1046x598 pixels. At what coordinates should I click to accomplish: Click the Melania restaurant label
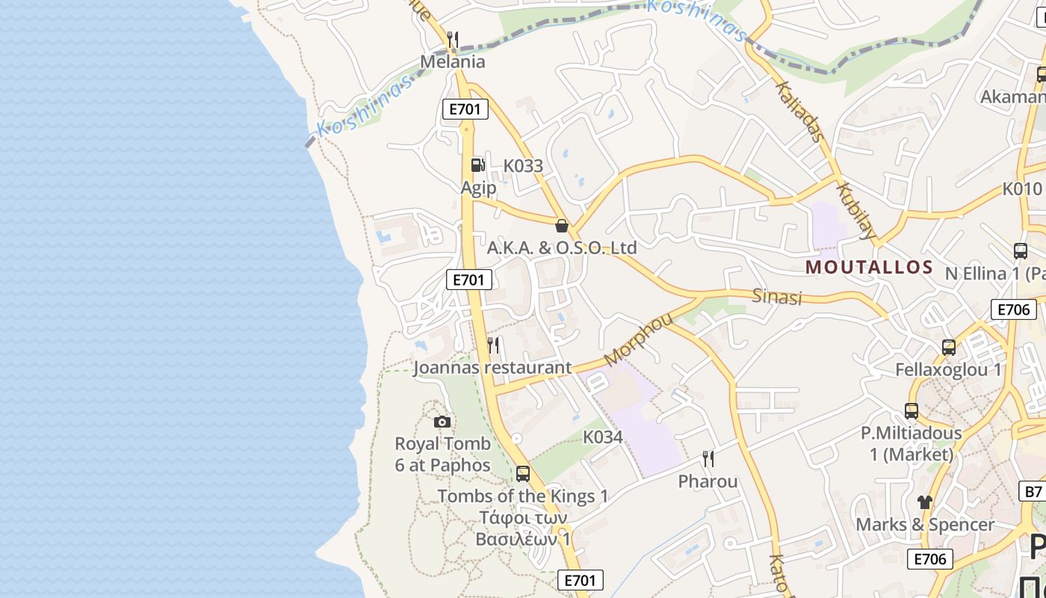[453, 61]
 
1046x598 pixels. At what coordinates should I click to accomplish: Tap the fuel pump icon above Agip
[477, 165]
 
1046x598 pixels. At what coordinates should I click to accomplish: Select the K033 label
[523, 166]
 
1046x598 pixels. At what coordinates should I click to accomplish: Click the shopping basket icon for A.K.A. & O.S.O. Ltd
[562, 226]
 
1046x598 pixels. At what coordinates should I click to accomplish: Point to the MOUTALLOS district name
[870, 268]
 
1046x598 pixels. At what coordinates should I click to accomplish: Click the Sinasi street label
[777, 297]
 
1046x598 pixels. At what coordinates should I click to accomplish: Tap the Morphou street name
[638, 339]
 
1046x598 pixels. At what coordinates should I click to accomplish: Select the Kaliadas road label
[801, 111]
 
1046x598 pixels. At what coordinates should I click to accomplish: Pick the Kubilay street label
[856, 211]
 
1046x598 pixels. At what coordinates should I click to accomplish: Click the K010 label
[1022, 188]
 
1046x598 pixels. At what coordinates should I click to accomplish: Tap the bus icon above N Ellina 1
[1021, 251]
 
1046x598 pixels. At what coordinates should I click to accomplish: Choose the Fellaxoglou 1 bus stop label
[948, 369]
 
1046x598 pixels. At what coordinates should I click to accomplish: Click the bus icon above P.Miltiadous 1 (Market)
[912, 411]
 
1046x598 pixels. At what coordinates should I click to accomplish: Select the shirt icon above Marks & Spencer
[925, 502]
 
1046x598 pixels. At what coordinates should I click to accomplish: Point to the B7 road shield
[1033, 491]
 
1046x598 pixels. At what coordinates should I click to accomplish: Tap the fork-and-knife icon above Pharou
[708, 459]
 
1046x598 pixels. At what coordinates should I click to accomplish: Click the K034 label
[602, 437]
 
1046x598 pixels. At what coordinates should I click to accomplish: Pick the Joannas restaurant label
[492, 368]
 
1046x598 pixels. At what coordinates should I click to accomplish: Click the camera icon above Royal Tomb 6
[442, 422]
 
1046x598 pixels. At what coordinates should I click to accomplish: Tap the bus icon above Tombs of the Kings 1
[523, 474]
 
